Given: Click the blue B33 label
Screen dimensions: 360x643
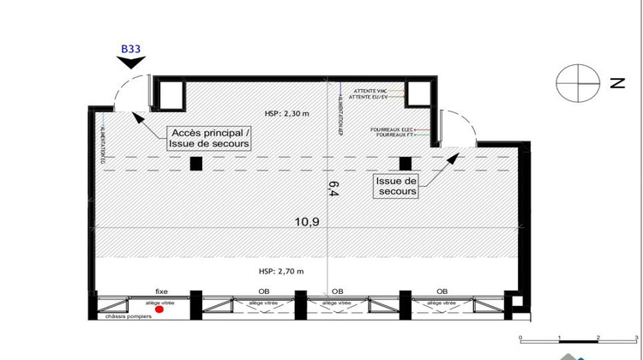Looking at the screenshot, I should [x=130, y=50].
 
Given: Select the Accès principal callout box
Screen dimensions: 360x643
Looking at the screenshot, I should [x=210, y=139].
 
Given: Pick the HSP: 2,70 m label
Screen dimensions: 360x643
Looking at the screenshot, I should [x=281, y=271].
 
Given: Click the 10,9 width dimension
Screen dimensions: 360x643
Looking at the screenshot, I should [x=308, y=221].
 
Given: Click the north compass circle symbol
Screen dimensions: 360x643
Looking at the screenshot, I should [x=575, y=83].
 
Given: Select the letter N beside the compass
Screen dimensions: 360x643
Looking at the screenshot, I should [x=615, y=83].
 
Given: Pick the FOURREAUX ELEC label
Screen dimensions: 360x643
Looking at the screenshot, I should [x=391, y=129].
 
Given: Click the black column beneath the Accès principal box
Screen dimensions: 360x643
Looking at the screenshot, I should [x=196, y=164].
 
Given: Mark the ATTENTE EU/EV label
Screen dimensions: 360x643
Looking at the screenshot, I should [x=369, y=98].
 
